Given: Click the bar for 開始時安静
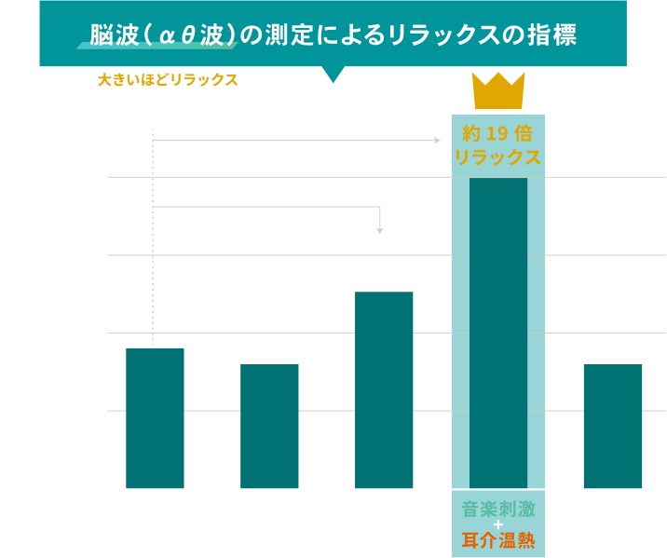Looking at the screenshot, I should click(x=155, y=417).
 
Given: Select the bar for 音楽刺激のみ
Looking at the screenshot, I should click(x=269, y=426).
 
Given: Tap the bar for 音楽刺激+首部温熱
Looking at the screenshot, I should click(x=384, y=389).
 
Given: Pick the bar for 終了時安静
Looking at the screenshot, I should click(x=613, y=426).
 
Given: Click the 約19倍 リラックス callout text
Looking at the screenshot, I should click(x=498, y=144).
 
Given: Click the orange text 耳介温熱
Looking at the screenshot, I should click(x=498, y=539).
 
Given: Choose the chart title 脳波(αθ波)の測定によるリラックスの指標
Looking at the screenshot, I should click(x=333, y=35).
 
